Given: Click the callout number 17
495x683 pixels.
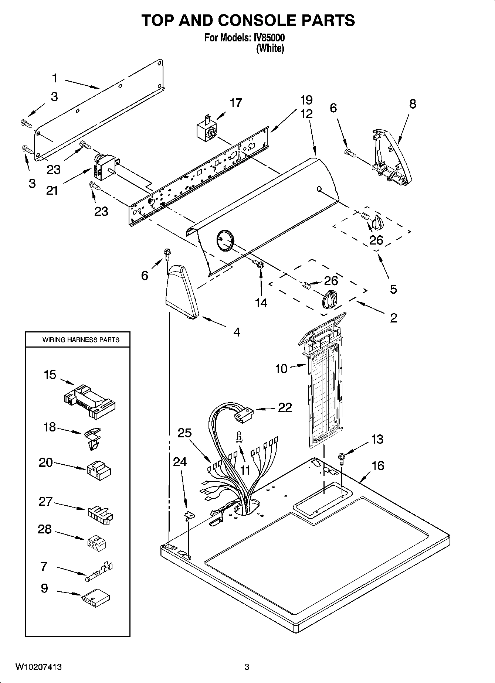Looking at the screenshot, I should click(x=235, y=103).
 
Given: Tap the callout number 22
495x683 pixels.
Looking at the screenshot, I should click(x=285, y=407).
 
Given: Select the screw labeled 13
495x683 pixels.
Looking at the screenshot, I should click(x=341, y=458).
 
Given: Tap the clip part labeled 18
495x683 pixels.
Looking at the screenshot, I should click(x=91, y=438).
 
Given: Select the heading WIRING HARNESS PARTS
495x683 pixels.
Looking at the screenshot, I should click(x=81, y=339).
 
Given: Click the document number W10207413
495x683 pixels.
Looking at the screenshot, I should click(x=38, y=667).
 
